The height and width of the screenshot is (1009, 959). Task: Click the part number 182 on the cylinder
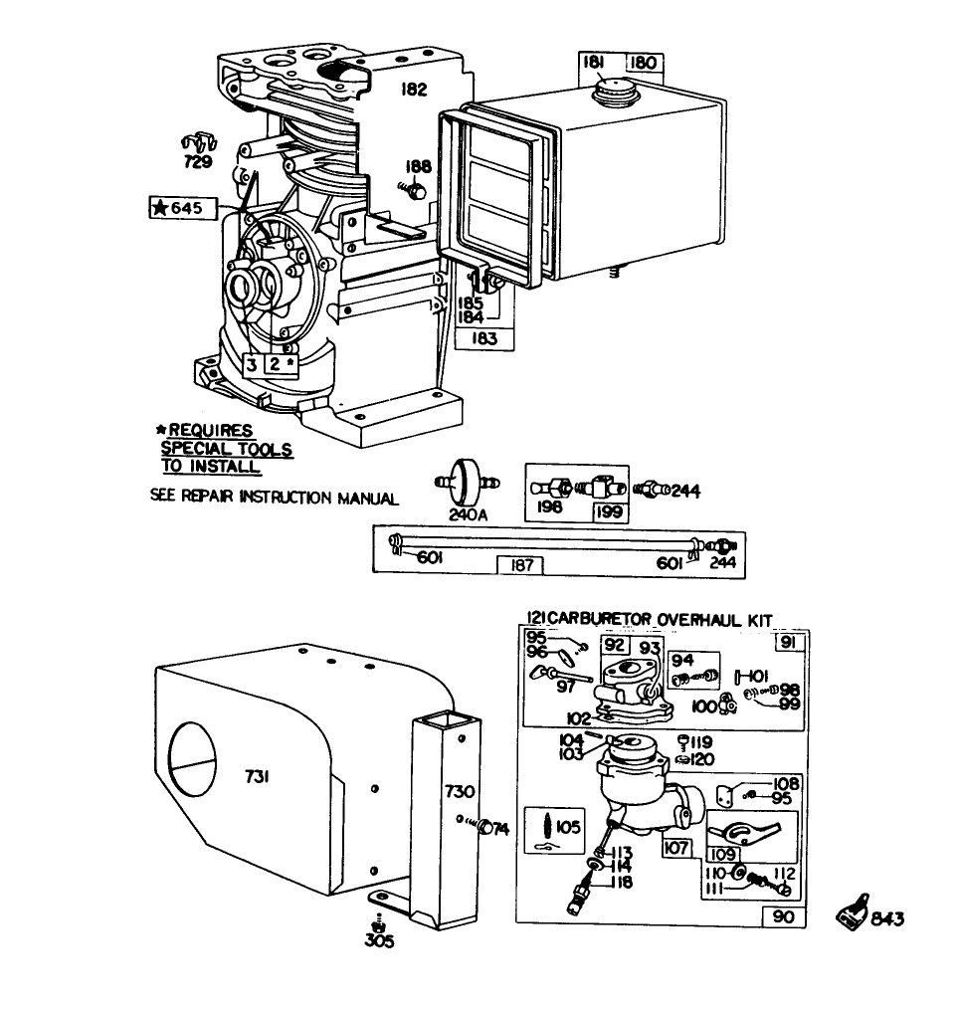point(414,90)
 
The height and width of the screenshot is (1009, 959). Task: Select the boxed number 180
point(644,63)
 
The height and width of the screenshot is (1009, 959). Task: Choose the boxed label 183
point(485,338)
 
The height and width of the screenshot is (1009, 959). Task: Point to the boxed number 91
point(788,643)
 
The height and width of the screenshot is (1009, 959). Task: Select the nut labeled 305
point(379,926)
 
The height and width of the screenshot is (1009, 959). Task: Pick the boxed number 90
point(784,916)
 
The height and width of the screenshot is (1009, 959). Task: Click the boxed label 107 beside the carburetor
point(677,849)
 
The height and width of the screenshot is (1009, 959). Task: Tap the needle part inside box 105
point(550,825)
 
